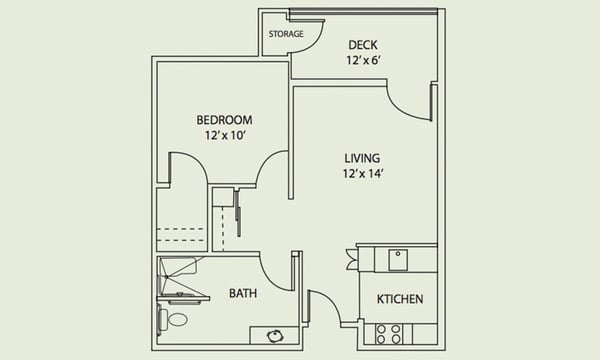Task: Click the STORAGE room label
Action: [286, 34]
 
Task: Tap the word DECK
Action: [363, 45]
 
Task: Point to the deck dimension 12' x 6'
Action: [363, 60]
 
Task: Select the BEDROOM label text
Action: [224, 120]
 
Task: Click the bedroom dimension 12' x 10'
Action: [225, 135]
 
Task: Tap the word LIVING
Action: [362, 158]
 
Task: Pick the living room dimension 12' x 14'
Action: [363, 174]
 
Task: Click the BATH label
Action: [243, 293]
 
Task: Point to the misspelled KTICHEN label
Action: [400, 299]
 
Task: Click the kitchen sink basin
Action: [398, 260]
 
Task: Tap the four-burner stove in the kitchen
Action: [388, 334]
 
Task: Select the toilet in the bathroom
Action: [173, 319]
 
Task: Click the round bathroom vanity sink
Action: [274, 336]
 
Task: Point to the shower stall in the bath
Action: [177, 275]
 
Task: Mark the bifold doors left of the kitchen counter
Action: [352, 260]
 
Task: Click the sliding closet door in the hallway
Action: [238, 212]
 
